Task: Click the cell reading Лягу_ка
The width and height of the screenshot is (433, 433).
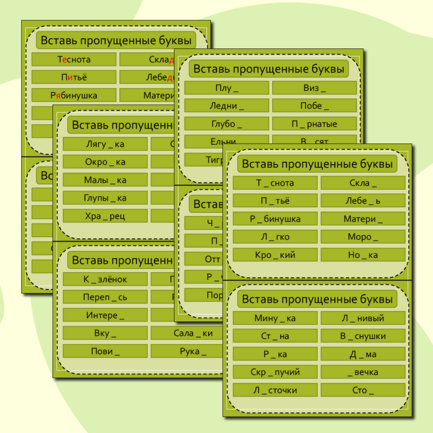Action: pyautogui.click(x=105, y=144)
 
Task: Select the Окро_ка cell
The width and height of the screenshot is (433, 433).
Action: pyautogui.click(x=105, y=162)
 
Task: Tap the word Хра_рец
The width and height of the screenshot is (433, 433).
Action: pyautogui.click(x=105, y=216)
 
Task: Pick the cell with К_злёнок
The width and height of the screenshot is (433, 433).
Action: pyautogui.click(x=105, y=279)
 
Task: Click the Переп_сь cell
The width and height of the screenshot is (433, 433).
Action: pyautogui.click(x=105, y=297)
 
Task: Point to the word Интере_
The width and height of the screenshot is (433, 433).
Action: pyautogui.click(x=105, y=315)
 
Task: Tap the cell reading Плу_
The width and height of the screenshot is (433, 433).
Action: pyautogui.click(x=226, y=88)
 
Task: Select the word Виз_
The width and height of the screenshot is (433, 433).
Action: pyautogui.click(x=315, y=88)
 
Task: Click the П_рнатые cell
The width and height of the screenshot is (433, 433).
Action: pyautogui.click(x=315, y=124)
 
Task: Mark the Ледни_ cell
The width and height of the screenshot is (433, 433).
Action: pyautogui.click(x=226, y=106)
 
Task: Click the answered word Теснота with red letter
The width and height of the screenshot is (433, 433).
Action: pyautogui.click(x=74, y=60)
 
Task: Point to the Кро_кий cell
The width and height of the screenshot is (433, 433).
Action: pyautogui.click(x=275, y=255)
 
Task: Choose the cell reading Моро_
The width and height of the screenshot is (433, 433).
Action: pyautogui.click(x=363, y=237)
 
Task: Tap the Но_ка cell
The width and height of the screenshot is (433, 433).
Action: pyautogui.click(x=363, y=255)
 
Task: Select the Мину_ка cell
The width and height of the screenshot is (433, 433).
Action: pyautogui.click(x=275, y=318)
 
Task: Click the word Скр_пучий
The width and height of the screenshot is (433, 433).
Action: pyautogui.click(x=275, y=372)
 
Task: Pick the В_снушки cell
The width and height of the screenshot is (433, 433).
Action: pyautogui.click(x=363, y=336)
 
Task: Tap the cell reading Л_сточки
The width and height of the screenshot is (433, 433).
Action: pyautogui.click(x=275, y=390)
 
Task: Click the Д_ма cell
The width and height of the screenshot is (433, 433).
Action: pyautogui.click(x=363, y=354)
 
